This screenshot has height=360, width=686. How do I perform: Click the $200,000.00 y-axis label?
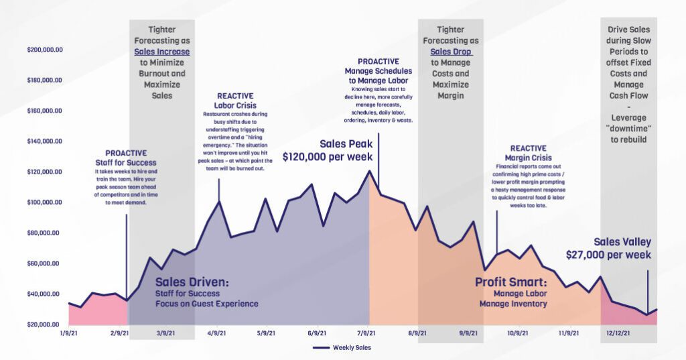(44, 50)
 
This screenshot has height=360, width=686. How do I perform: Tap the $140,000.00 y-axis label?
(44, 141)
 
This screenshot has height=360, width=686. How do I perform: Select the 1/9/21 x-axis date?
(70, 333)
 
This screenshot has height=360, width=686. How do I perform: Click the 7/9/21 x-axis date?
(366, 333)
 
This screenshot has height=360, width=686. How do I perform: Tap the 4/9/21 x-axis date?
(216, 333)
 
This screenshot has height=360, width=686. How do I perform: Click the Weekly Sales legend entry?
(342, 348)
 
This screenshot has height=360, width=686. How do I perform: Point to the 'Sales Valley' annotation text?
(622, 242)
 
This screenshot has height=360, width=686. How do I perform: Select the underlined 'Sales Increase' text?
(161, 52)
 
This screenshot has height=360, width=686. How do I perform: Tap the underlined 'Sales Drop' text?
(451, 52)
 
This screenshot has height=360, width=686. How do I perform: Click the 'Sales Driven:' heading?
(192, 282)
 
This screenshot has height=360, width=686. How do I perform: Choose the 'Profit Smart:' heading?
(511, 282)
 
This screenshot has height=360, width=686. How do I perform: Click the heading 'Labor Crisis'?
(235, 106)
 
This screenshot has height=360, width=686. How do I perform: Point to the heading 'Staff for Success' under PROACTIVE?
(125, 162)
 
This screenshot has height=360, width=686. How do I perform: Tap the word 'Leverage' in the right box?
(628, 117)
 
